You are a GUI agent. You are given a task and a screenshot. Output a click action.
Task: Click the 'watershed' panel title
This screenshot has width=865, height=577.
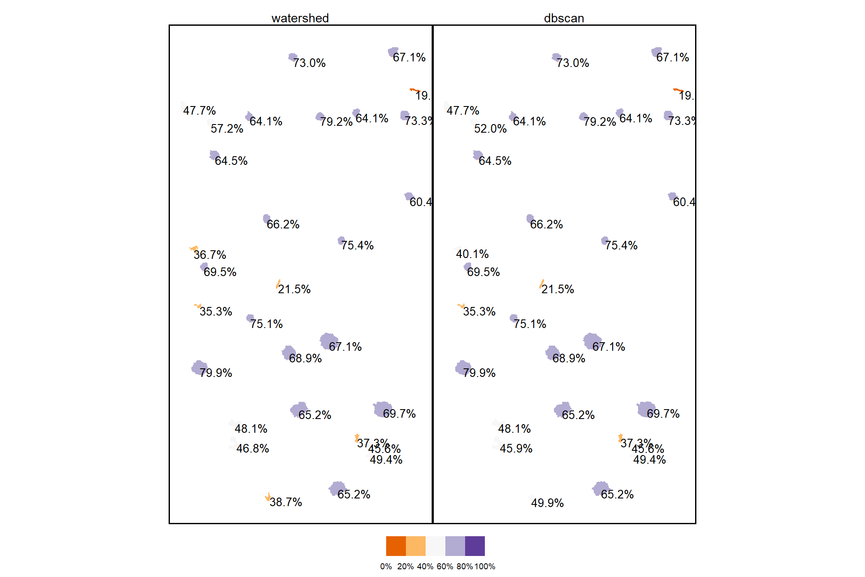[x=300, y=18]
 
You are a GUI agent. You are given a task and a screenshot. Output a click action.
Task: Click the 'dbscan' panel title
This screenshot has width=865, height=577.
[x=564, y=18]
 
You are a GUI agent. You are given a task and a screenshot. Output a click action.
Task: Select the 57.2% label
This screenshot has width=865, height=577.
[x=227, y=129]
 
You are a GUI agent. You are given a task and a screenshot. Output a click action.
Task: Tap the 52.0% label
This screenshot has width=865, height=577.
[x=490, y=129]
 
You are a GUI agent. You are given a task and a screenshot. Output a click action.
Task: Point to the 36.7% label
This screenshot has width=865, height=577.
[x=209, y=255]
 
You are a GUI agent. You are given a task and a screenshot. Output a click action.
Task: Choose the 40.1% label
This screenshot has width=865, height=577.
[x=472, y=254]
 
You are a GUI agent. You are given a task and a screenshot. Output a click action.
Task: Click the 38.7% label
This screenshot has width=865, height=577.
[x=286, y=502]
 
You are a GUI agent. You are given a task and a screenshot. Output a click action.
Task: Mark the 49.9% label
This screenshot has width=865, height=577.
[x=547, y=503]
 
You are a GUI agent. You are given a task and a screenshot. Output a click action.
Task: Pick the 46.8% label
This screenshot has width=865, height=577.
[x=252, y=449]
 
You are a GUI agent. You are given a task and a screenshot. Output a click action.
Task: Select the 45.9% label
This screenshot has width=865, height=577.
[x=516, y=449]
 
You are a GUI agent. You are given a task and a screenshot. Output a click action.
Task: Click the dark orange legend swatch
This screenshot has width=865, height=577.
[x=396, y=546]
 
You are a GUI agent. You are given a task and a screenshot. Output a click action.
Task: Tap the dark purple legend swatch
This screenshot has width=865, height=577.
[x=475, y=546]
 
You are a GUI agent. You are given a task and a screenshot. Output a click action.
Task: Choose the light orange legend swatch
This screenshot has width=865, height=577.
[x=415, y=546]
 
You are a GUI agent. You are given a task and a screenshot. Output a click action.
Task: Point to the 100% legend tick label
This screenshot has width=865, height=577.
[x=485, y=567]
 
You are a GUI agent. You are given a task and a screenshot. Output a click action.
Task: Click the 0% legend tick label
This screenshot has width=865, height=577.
[x=386, y=567]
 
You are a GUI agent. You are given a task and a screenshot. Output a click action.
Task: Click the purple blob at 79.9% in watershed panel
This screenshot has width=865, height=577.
[x=199, y=368]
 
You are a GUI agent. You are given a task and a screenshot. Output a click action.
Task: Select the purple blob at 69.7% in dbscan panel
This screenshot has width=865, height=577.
[x=645, y=409]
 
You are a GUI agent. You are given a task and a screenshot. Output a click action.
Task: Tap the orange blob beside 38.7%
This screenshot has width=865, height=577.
[x=268, y=498]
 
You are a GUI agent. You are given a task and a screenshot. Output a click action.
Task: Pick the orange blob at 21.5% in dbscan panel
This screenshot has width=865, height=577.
[x=542, y=284]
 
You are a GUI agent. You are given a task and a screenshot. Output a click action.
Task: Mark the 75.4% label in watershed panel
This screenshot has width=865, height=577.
[x=357, y=246]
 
